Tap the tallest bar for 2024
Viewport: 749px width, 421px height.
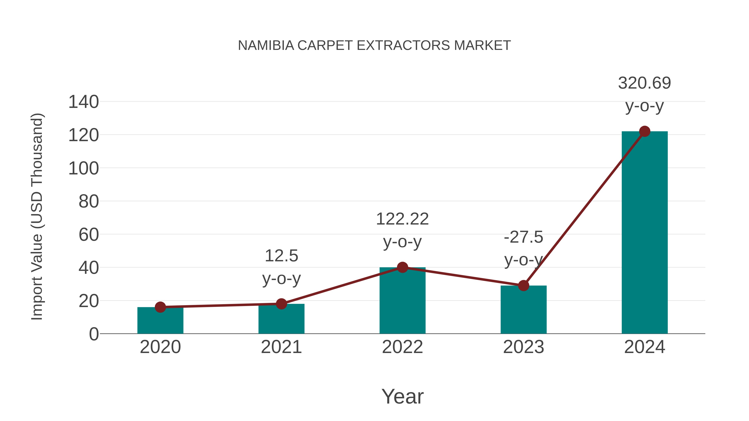[645, 232]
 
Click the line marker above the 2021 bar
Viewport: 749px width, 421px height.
[281, 304]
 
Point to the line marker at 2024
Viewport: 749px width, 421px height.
[645, 131]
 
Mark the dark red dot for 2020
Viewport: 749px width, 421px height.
[160, 307]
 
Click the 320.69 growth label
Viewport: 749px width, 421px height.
[644, 83]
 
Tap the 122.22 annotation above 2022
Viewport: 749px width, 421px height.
[402, 219]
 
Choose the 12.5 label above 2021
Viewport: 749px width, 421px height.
[281, 256]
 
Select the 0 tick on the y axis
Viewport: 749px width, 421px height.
[94, 334]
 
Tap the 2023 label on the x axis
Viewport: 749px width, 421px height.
[523, 347]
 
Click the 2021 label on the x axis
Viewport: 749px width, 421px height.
[281, 347]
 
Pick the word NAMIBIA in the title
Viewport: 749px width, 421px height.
[266, 46]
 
